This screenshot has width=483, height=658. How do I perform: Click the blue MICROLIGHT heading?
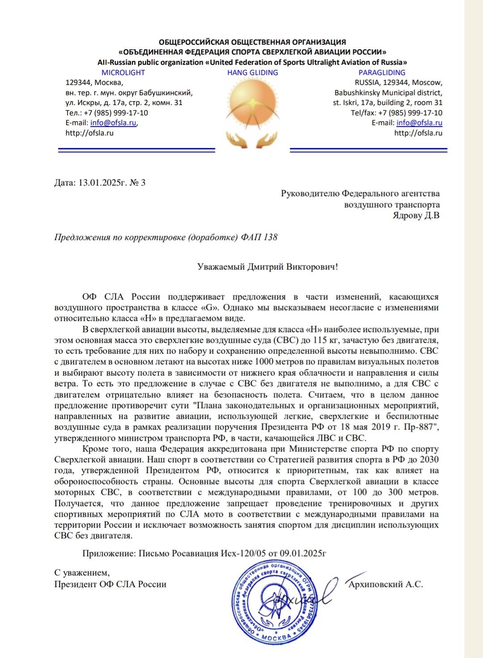(123, 72)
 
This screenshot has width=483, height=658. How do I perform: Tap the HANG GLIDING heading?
(253, 72)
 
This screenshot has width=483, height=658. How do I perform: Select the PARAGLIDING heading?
(382, 72)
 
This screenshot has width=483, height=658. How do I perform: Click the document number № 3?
(137, 182)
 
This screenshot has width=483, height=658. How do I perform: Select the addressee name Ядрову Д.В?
(416, 215)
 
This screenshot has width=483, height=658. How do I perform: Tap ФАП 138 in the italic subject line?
(259, 237)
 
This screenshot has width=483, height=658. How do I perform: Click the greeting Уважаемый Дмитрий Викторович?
(267, 267)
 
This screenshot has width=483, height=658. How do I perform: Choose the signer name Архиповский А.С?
(386, 584)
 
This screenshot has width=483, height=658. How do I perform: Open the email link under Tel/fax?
(419, 123)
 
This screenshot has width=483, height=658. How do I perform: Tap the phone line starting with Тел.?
(106, 113)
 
